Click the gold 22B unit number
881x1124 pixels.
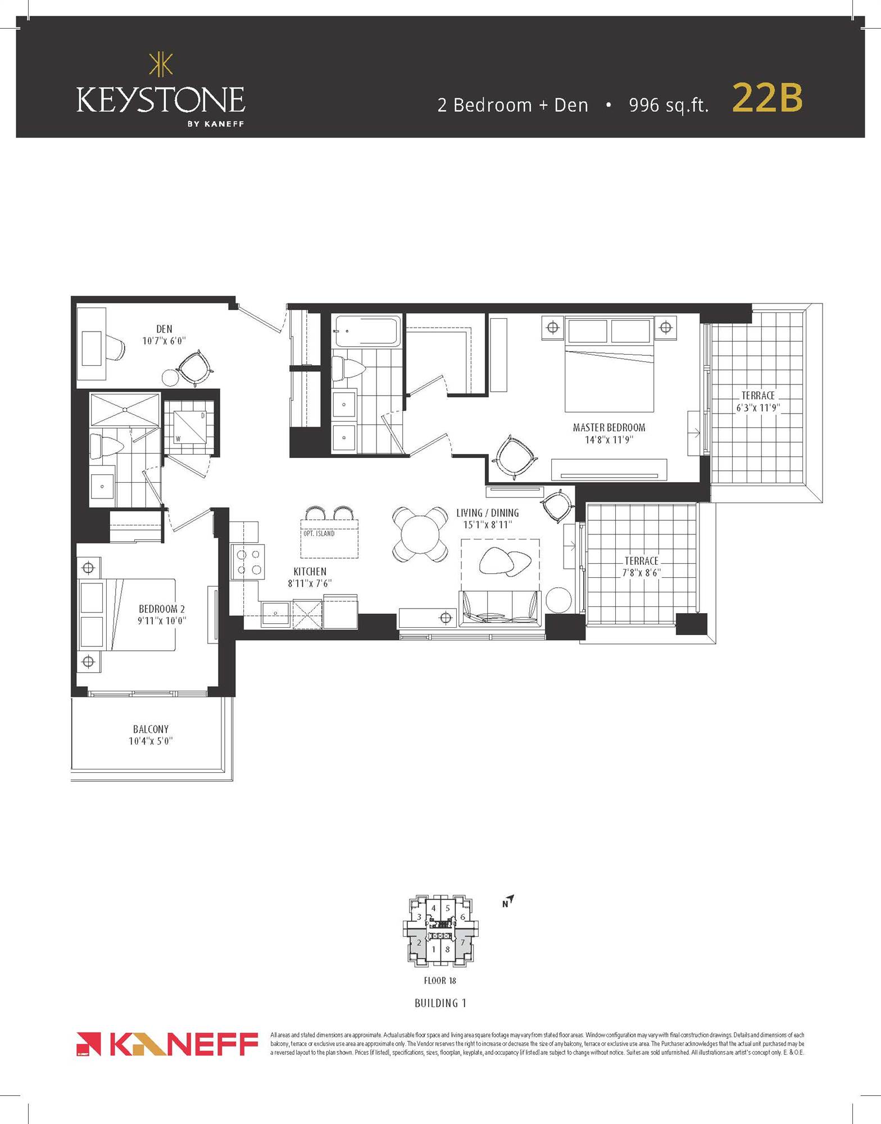(x=767, y=98)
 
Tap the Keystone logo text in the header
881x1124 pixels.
(x=160, y=100)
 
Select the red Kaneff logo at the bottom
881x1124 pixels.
(x=167, y=1044)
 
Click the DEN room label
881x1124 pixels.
(x=164, y=329)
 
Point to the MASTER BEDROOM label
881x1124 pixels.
(x=609, y=428)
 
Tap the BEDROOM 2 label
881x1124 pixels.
(x=162, y=609)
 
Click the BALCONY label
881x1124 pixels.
(x=151, y=729)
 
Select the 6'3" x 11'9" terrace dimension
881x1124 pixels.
(x=758, y=408)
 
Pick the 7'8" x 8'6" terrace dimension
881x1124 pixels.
(x=641, y=573)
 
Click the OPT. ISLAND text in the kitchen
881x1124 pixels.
(x=319, y=533)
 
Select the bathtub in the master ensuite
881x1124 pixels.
(x=367, y=332)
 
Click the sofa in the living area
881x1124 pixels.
(x=499, y=610)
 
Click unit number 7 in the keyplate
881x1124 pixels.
(x=462, y=942)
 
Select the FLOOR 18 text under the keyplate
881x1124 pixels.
(x=440, y=981)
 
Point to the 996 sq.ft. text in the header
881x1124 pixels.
(x=669, y=105)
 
